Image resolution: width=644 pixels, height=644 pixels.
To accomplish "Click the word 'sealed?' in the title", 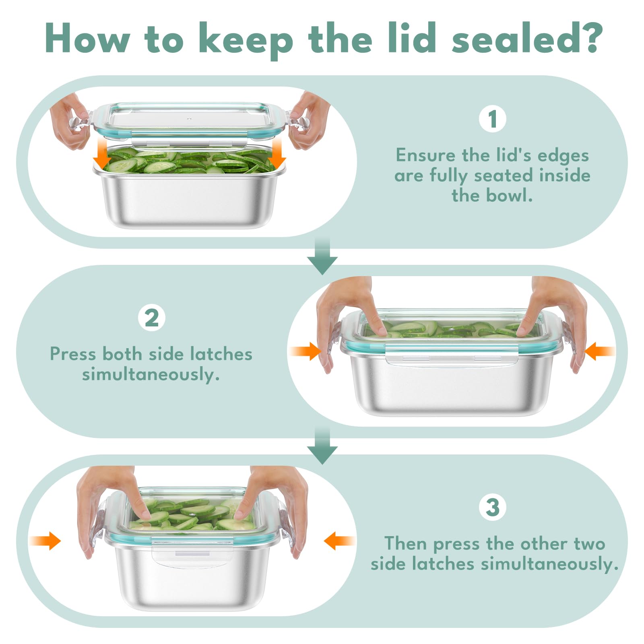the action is pos(527,38).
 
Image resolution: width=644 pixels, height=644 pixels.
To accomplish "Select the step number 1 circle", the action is pos(493,119).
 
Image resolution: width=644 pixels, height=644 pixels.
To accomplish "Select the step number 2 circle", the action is pos(151,318).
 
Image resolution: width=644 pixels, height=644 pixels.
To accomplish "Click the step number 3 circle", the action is pos(493,507).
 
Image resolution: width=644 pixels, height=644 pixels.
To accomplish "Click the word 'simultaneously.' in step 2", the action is pos(151,375).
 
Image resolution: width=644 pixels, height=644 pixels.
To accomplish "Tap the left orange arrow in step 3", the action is pos(45,541).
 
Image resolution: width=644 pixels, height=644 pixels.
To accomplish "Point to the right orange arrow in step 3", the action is pos(339,541).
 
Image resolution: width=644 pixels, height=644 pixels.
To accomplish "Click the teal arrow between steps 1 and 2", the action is pos(322,256).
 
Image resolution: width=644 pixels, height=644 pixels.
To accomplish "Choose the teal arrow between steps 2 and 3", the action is pos(322,446).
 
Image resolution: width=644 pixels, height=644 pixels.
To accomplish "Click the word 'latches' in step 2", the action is pos(221,354).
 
